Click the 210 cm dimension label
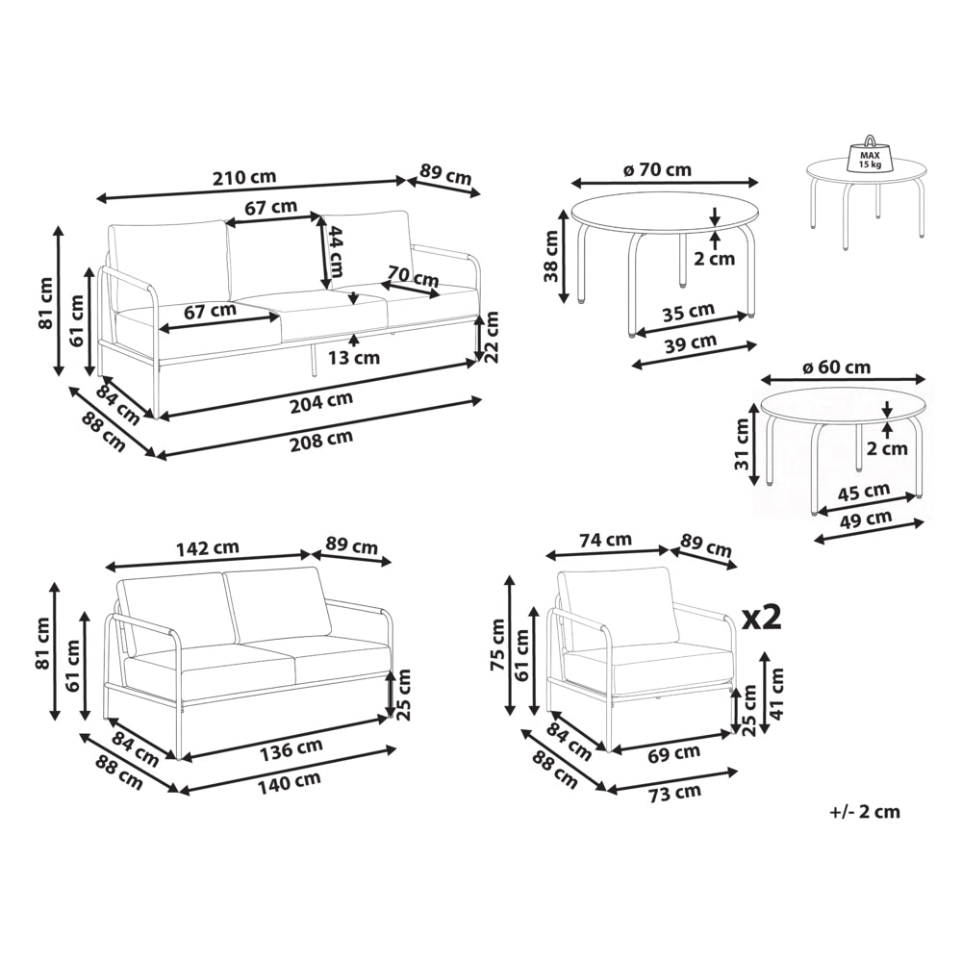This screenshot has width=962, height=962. (x=244, y=177)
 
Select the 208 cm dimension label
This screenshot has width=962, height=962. (x=321, y=440)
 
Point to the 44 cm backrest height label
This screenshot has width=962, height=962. (x=336, y=251)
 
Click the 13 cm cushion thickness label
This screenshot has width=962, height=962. (x=354, y=357)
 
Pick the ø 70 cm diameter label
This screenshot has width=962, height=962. (x=657, y=169)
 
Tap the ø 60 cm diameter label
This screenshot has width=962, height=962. (x=837, y=367)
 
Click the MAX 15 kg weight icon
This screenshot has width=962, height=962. (x=869, y=155)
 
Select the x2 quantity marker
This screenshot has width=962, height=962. (x=762, y=618)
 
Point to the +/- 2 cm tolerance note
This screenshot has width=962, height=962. (x=865, y=812)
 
